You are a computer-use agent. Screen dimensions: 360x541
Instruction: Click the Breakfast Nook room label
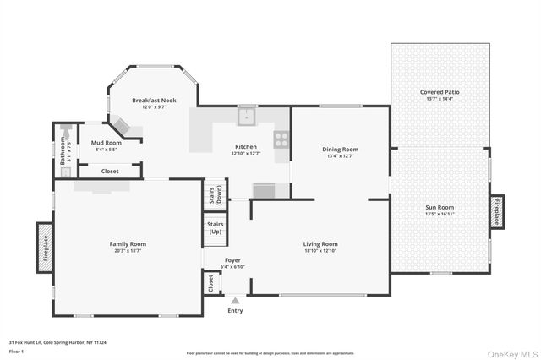coord(153,100)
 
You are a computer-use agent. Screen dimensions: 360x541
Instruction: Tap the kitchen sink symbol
coord(246,116)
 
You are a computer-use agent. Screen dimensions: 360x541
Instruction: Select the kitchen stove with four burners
coord(281,139)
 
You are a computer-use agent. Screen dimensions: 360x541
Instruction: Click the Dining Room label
coord(341,150)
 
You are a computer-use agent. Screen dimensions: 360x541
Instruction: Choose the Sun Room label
coord(440,207)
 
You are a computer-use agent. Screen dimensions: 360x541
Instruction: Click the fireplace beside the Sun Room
coord(498,211)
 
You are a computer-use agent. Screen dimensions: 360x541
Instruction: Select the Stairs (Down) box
coord(216,195)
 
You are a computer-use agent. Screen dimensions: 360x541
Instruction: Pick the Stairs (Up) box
coord(216,228)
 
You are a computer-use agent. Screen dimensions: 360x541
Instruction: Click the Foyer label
coord(234,260)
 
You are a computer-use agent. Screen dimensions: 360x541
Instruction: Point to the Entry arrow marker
coord(235,299)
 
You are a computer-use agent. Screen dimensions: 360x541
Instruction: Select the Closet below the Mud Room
coord(110,171)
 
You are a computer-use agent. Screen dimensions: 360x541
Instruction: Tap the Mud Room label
coord(107,143)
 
